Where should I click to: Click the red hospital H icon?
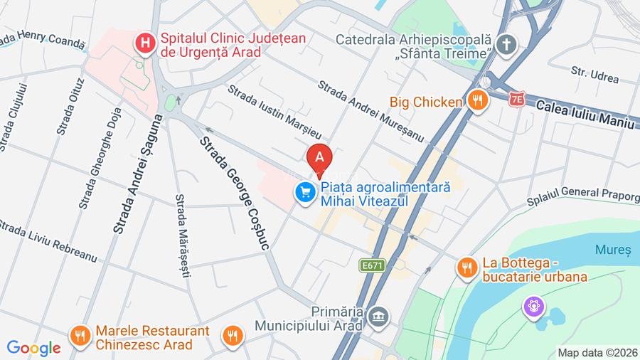tap(146, 43)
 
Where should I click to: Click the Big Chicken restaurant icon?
tap(477, 100)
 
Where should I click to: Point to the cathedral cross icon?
tap(506, 43)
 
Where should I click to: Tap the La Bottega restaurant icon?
tap(466, 268)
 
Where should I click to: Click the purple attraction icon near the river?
tap(533, 307)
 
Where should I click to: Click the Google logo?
tap(34, 349)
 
